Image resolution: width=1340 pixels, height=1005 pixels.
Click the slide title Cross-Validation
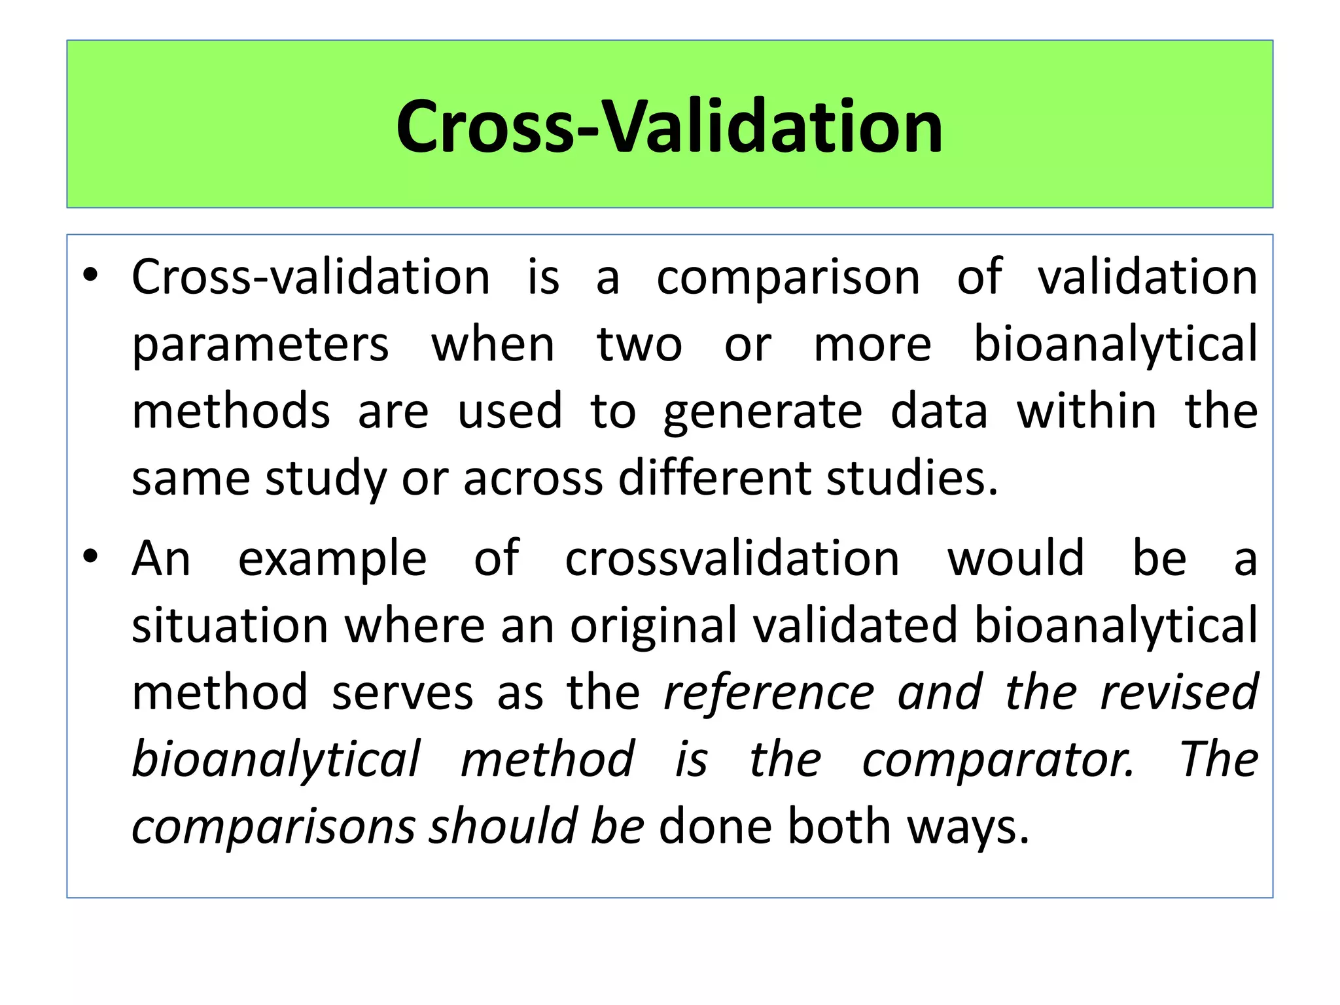669,126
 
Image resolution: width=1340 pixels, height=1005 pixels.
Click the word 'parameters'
260,345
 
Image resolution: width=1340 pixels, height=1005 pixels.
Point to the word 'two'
639,345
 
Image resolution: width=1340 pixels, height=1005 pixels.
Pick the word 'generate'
762,412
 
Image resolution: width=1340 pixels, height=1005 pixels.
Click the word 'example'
332,559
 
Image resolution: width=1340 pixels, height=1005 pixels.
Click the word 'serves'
402,693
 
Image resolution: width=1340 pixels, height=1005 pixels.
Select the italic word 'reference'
769,693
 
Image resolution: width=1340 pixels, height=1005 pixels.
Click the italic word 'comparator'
998,761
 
